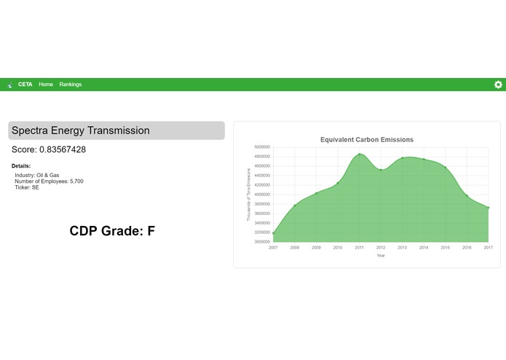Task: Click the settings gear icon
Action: (498, 85)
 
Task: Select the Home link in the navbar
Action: (46, 85)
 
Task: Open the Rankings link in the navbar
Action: (71, 85)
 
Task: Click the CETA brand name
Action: (25, 85)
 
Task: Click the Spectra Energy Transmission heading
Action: (81, 130)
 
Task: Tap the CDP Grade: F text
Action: (112, 231)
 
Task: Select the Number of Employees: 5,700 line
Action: (49, 181)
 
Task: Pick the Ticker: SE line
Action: (27, 187)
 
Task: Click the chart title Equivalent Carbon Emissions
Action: (366, 139)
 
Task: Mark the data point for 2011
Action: (360, 154)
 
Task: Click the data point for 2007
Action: (274, 233)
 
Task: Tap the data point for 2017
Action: (489, 208)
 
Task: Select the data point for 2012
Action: (381, 170)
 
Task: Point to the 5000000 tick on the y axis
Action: (261, 147)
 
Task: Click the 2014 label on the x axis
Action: (424, 248)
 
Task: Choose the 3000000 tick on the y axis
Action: (261, 241)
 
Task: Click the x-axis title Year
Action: (381, 255)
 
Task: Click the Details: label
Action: (21, 166)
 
